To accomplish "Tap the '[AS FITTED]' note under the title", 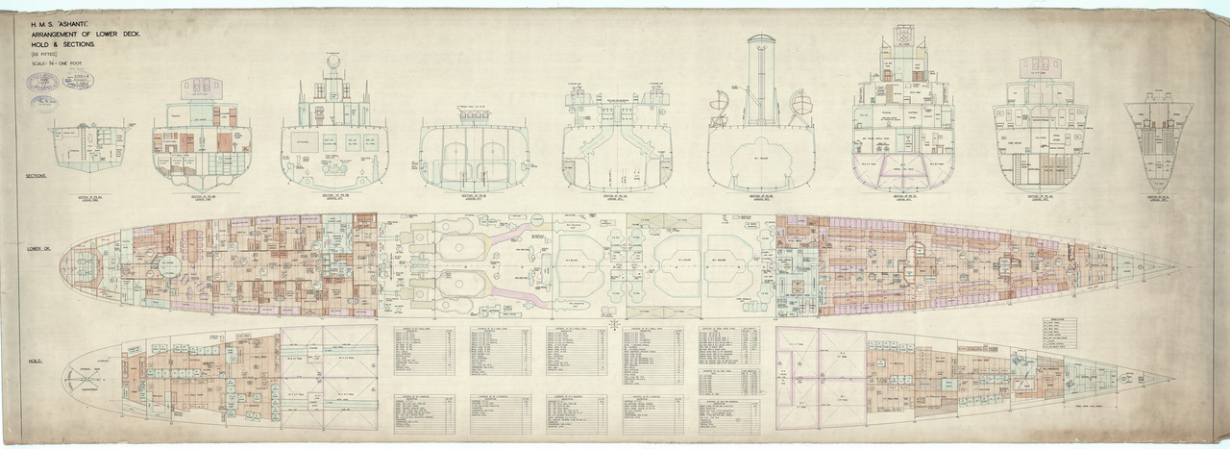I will pos(43,54).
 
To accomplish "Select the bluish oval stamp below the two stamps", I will pos(43,100).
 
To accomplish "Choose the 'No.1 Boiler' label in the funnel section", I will pos(761,157).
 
